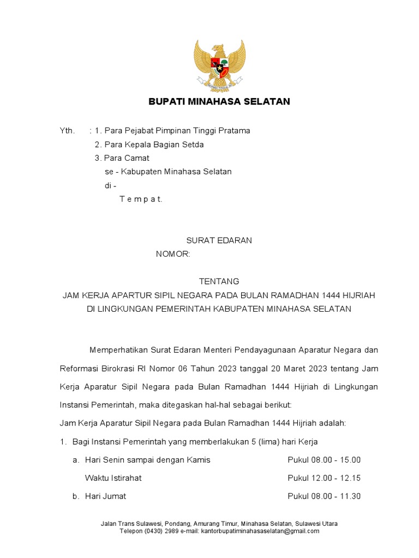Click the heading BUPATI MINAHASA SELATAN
click(219, 101)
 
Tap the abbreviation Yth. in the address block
click(67, 131)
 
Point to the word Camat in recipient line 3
click(137, 158)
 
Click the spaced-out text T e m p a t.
click(141, 199)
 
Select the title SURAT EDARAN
click(219, 240)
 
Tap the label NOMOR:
click(173, 254)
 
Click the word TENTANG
click(219, 281)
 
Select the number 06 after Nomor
click(182, 369)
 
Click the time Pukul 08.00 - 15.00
click(324, 460)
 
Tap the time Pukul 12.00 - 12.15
click(324, 478)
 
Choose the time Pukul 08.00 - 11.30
click(324, 496)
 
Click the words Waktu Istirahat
click(113, 478)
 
